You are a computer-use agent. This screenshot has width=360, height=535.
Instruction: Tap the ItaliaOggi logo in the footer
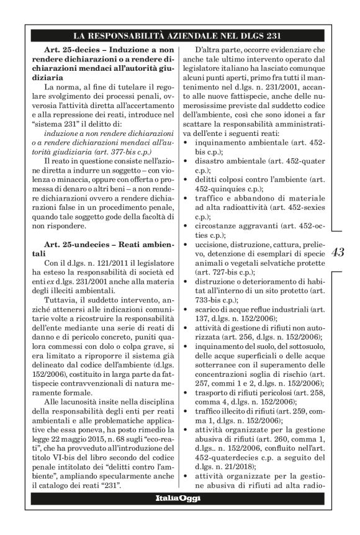click(x=180, y=516)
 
